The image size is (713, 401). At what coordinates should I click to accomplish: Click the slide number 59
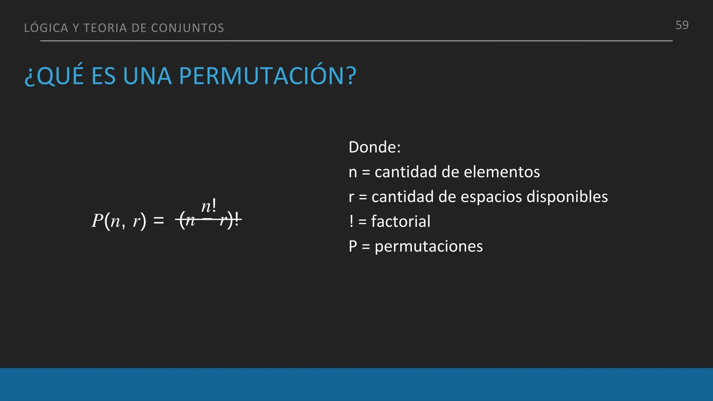pyautogui.click(x=682, y=25)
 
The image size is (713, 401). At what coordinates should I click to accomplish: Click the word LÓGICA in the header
pyautogui.click(x=46, y=28)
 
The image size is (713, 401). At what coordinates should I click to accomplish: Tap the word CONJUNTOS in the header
pyautogui.click(x=188, y=28)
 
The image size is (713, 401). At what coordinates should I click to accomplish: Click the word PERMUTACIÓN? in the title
pyautogui.click(x=267, y=76)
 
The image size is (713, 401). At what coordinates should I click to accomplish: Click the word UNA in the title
pyautogui.click(x=147, y=76)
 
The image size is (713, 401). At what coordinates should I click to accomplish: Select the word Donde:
pyautogui.click(x=374, y=147)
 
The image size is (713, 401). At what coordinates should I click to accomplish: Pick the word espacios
pyautogui.click(x=491, y=197)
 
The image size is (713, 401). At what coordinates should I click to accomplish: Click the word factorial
pyautogui.click(x=401, y=222)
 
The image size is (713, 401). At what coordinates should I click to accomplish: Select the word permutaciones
pyautogui.click(x=429, y=247)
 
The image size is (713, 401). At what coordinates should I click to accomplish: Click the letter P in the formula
pyautogui.click(x=97, y=221)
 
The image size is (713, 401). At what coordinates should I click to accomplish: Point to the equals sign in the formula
pyautogui.click(x=159, y=221)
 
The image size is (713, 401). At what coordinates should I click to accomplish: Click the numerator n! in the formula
pyautogui.click(x=209, y=206)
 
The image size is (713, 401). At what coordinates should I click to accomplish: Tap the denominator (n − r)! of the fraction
pyautogui.click(x=209, y=221)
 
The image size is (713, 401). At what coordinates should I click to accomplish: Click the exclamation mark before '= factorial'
pyautogui.click(x=351, y=222)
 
